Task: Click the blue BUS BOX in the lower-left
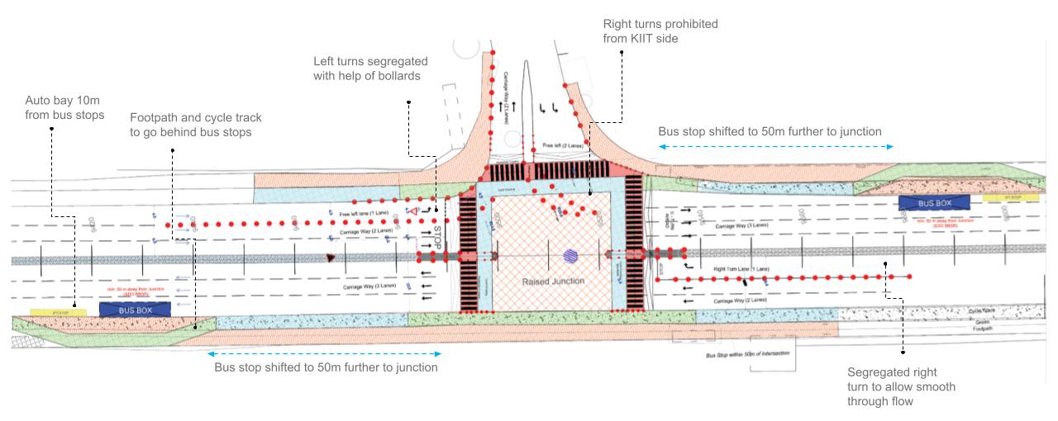135,309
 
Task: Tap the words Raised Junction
553,281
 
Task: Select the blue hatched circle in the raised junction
571,255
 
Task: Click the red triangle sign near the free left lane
411,213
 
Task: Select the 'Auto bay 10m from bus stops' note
64,107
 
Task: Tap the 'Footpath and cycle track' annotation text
190,125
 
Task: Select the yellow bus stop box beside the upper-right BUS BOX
1002,199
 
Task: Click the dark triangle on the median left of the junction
331,258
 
